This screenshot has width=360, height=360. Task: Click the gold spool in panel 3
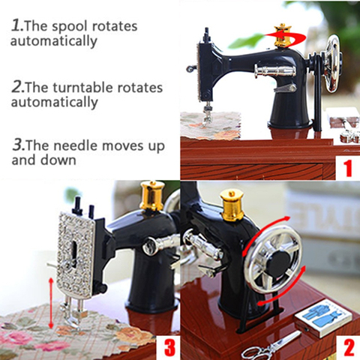tap(151, 196)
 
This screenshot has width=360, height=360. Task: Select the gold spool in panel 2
tap(232, 205)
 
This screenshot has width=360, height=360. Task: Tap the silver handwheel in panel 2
tap(272, 259)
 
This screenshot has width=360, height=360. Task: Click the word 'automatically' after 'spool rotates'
tap(54, 40)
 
